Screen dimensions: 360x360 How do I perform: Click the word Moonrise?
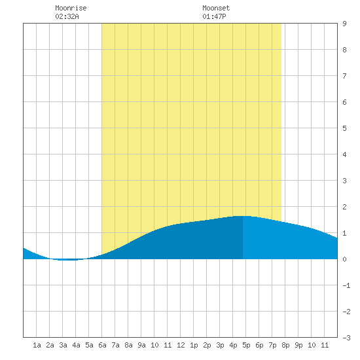(x=71, y=8)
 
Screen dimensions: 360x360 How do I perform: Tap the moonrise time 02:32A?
(x=67, y=16)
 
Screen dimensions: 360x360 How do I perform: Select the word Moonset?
(x=216, y=8)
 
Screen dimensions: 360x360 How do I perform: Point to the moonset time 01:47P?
(x=214, y=16)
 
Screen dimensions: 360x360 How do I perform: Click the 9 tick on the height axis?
(x=344, y=24)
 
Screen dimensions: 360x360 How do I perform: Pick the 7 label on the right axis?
(x=344, y=76)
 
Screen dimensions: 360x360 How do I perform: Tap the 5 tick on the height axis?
(x=344, y=128)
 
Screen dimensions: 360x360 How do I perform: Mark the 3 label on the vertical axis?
(x=344, y=181)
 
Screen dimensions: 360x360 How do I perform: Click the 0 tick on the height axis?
(x=344, y=259)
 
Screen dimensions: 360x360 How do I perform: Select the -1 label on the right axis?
(x=346, y=285)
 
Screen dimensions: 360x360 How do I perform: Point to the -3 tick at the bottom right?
(x=346, y=338)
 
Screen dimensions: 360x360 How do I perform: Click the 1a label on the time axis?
(x=37, y=345)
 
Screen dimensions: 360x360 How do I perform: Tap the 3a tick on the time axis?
(x=63, y=345)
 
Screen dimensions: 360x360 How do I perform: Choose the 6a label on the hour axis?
(x=102, y=345)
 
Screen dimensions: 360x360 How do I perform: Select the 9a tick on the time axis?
(x=141, y=345)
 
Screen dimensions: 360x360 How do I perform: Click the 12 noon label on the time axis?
(x=181, y=345)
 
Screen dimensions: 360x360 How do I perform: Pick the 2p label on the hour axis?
(x=207, y=345)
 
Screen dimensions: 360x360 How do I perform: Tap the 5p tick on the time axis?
(x=246, y=345)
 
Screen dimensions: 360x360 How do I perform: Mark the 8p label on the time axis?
(x=285, y=345)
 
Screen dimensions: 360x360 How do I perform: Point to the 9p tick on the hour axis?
(x=298, y=345)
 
